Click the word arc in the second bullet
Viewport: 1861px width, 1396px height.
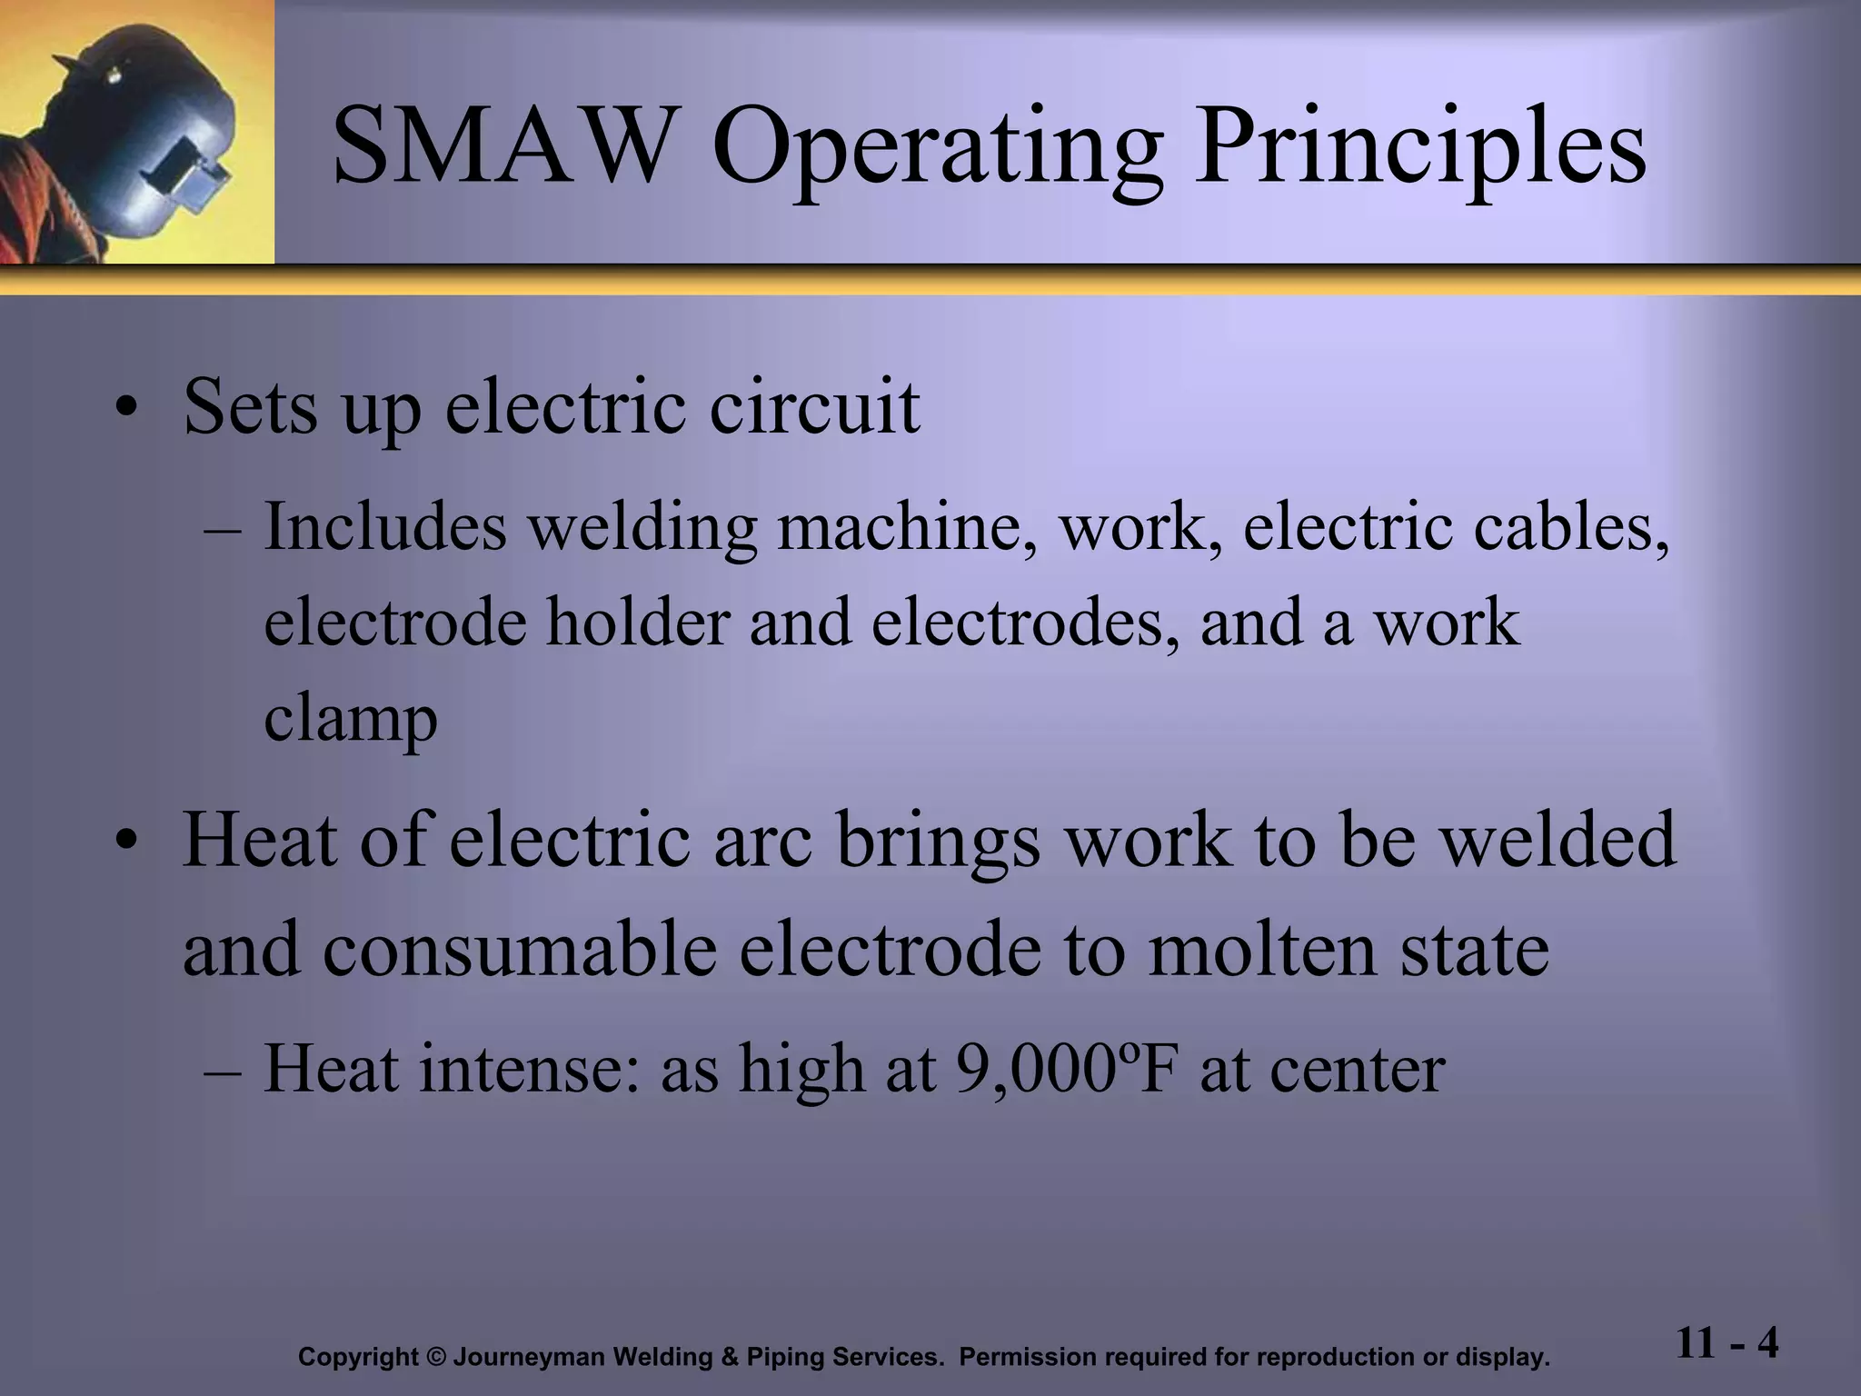point(763,841)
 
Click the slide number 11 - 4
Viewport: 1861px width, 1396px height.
point(1727,1341)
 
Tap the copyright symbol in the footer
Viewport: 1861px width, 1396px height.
point(436,1358)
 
